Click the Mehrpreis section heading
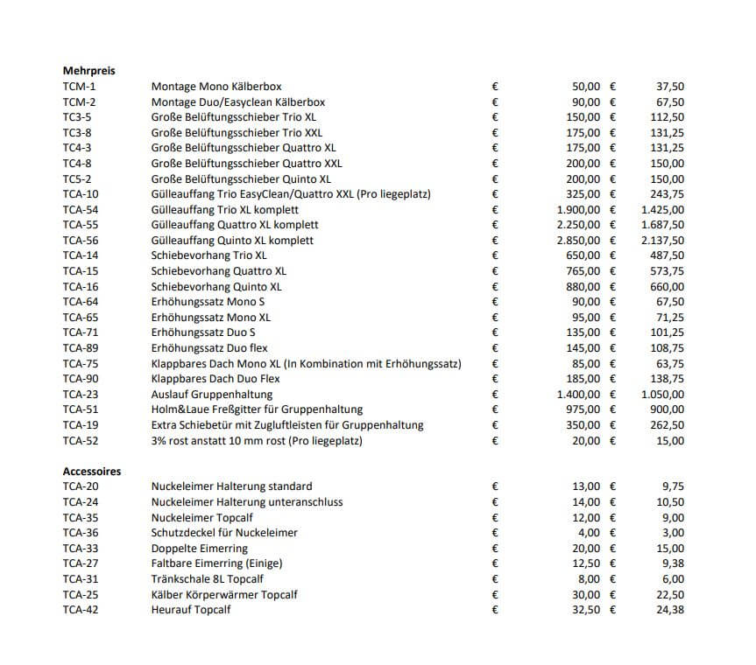tap(89, 71)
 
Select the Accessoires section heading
tap(92, 471)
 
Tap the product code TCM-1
tap(81, 87)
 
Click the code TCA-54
tap(81, 210)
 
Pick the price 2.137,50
tap(663, 241)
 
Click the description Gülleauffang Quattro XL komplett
tap(232, 225)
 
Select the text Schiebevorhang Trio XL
tap(208, 255)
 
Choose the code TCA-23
tap(81, 394)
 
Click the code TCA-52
tap(81, 440)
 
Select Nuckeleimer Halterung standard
tap(231, 486)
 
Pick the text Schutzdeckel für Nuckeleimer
tap(224, 533)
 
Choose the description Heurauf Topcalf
tap(191, 610)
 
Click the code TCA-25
tap(81, 594)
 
